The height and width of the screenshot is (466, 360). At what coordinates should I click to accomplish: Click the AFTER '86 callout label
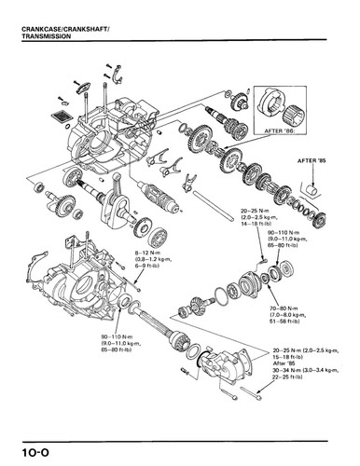tap(281, 131)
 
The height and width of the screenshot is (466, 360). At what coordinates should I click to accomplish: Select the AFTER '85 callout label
tap(312, 161)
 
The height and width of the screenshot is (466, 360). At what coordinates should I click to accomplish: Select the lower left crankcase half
tap(79, 280)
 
